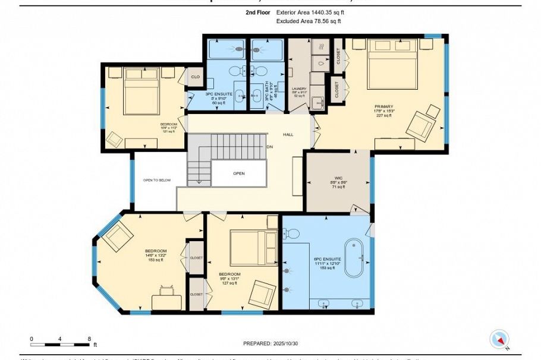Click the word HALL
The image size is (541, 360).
288,134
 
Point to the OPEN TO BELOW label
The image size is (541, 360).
157,180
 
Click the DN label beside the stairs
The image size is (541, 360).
269,147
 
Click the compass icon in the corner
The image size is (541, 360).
499,339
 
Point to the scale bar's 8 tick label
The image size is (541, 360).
89,338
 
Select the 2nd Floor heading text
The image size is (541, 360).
257,11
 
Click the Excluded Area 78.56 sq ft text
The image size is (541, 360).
309,21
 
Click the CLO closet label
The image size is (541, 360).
194,76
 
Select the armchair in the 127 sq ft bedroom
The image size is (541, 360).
261,293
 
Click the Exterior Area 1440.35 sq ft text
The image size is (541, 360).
310,11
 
